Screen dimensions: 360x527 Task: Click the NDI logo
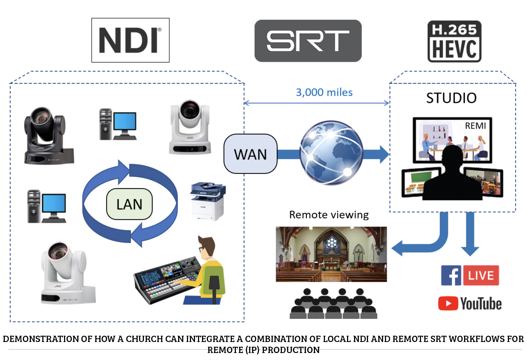130,40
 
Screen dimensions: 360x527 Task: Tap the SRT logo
308,41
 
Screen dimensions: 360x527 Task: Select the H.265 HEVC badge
454,42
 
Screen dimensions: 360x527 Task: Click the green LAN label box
129,204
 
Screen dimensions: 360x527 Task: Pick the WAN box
250,154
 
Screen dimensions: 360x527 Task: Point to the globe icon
331,153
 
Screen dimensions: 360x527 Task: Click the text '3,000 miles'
324,92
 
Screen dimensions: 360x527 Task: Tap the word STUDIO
451,98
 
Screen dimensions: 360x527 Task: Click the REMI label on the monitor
475,126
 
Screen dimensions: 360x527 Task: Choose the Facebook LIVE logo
470,275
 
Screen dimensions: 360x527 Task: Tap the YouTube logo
470,304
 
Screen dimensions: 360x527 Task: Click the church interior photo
331,254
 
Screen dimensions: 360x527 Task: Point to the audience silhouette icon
333,303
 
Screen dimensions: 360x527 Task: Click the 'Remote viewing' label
329,215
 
